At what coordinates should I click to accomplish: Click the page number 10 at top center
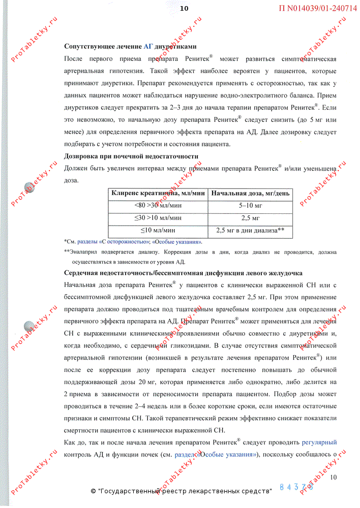(184, 8)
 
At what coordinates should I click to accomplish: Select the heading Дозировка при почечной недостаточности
(131, 156)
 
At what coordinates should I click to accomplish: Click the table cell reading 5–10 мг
(250, 205)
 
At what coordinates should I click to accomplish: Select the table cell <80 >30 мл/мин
(158, 205)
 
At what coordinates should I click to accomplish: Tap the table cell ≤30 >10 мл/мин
(158, 218)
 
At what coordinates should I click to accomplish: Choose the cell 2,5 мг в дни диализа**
(250, 230)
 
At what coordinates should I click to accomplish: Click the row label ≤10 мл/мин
(158, 230)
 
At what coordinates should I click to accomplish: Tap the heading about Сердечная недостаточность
(183, 273)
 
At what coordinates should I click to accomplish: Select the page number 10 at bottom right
(333, 477)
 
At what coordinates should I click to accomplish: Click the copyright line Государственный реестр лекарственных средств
(182, 491)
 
